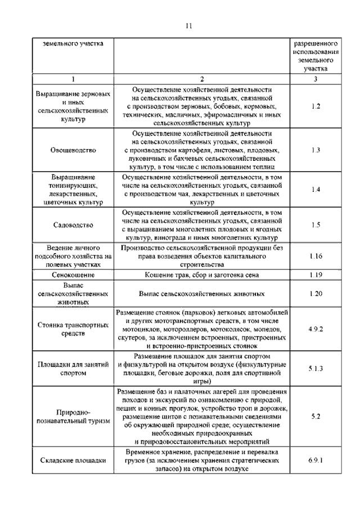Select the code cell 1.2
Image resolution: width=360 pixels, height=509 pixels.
(x=315, y=106)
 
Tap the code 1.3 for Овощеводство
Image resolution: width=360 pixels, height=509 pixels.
(x=315, y=150)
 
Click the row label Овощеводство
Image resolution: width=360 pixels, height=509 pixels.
(x=73, y=150)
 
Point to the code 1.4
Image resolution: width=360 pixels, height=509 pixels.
(x=315, y=190)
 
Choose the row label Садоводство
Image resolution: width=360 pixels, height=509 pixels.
(x=73, y=225)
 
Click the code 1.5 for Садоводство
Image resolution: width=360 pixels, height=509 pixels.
(x=315, y=225)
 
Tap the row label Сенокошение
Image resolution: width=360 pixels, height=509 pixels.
(x=73, y=275)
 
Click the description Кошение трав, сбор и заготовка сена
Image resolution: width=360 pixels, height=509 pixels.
(x=202, y=275)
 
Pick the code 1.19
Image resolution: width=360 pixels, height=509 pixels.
(x=315, y=275)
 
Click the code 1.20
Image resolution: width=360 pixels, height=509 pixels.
(x=315, y=294)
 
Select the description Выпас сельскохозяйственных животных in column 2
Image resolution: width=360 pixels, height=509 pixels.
(x=202, y=294)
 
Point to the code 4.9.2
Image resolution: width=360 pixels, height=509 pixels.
(x=315, y=328)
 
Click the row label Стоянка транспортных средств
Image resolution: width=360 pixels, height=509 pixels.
(x=73, y=328)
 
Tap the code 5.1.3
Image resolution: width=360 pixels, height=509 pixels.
(x=315, y=369)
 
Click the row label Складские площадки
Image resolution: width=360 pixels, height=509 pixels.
(x=73, y=460)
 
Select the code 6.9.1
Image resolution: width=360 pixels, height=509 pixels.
(x=315, y=460)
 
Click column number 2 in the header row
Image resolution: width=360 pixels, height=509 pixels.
(x=202, y=79)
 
